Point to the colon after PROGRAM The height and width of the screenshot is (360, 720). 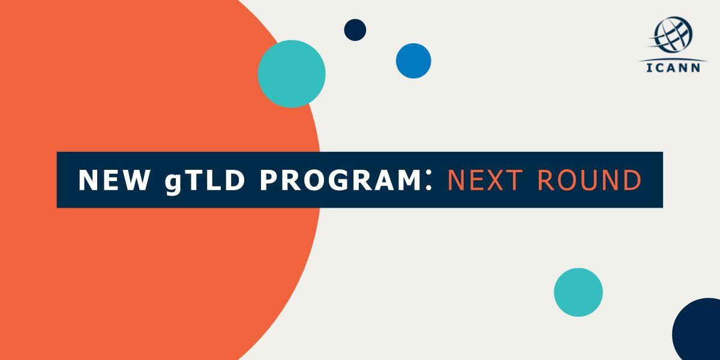(428, 179)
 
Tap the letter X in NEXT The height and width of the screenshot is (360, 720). (499, 181)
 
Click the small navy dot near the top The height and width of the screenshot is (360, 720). (355, 30)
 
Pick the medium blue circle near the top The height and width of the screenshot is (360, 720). (413, 61)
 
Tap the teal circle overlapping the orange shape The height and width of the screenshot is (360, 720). (292, 74)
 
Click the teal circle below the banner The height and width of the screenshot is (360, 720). (578, 292)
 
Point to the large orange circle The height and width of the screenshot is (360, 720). (150, 270)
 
